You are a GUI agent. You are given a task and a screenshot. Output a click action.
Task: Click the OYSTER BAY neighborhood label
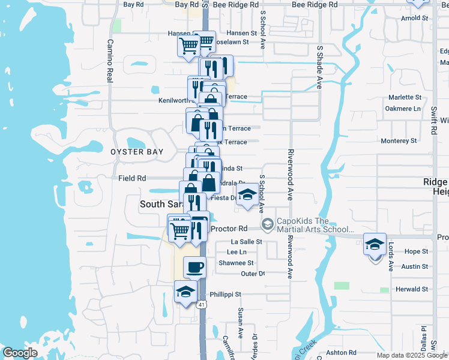(x=137, y=152)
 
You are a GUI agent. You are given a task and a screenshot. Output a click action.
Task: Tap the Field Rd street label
(x=132, y=178)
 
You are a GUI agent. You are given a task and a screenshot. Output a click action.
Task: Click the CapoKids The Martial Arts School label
(x=315, y=224)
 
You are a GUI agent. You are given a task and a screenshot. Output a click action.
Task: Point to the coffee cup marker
(x=194, y=266)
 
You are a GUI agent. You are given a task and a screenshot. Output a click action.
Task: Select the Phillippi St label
(x=225, y=295)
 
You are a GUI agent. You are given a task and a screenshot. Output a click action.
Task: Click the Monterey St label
(x=399, y=141)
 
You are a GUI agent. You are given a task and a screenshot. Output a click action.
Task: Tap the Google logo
(x=20, y=353)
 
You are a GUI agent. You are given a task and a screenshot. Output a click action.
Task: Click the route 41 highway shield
(x=201, y=305)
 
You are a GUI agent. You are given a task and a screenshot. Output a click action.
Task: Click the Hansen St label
(x=241, y=34)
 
